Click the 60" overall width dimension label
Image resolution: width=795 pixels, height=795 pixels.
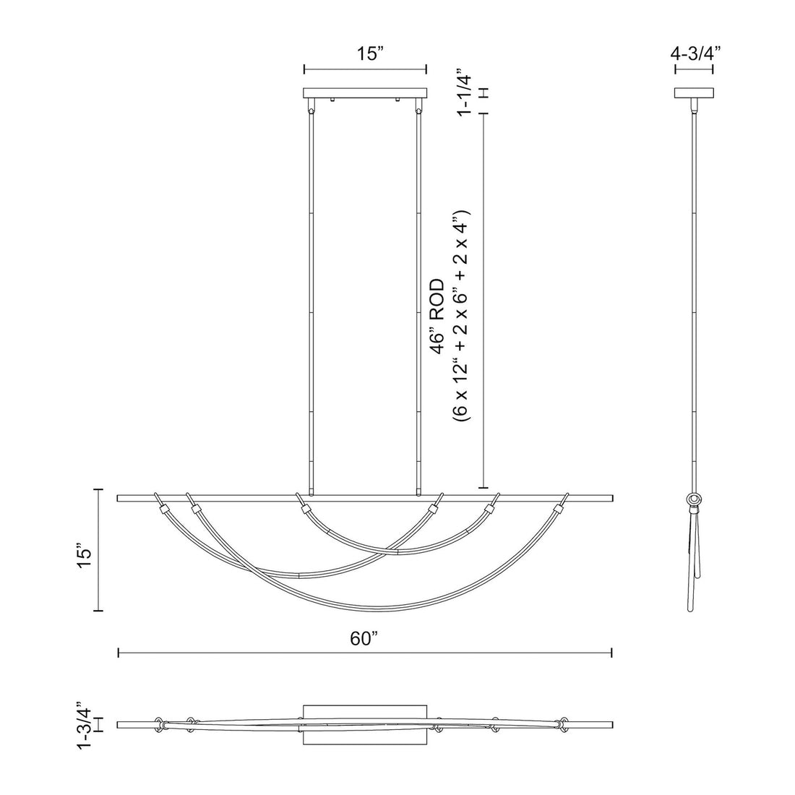click(x=365, y=638)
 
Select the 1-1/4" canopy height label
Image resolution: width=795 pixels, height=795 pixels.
click(x=464, y=93)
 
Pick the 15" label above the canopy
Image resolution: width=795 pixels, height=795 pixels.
click(x=365, y=54)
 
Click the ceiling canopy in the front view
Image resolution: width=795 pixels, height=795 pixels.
click(x=365, y=93)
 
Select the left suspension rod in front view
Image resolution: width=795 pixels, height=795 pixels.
click(x=311, y=304)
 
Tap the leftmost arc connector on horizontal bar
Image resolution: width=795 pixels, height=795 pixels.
click(x=162, y=507)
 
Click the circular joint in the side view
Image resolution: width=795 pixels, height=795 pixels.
click(x=695, y=499)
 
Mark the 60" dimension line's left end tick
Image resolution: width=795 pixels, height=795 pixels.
click(x=119, y=653)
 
